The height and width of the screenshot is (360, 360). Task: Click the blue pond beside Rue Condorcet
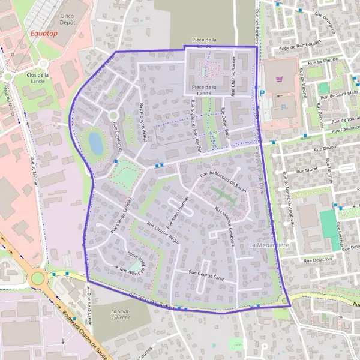[95, 143]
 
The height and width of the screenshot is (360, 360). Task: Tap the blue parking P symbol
[262, 93]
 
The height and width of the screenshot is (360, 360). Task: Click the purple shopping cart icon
[279, 79]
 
